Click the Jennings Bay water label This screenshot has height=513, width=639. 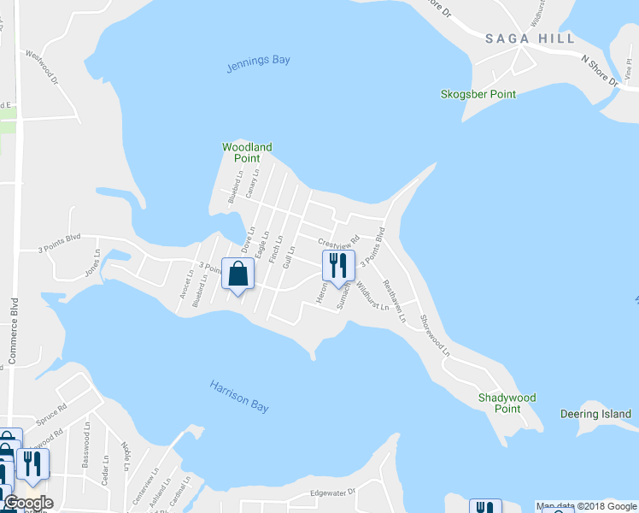258,64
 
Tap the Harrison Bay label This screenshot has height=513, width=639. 239,396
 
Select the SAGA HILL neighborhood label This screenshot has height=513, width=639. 519,38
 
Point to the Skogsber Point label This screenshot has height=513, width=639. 478,94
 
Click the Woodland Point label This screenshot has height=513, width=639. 247,152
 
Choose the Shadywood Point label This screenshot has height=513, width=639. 507,403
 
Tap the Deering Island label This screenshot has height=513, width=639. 595,415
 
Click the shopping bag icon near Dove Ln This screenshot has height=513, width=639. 238,274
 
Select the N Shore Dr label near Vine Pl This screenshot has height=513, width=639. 599,71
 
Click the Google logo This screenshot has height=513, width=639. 28,502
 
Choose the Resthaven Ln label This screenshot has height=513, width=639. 395,301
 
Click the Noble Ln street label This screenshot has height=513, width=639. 126,455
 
